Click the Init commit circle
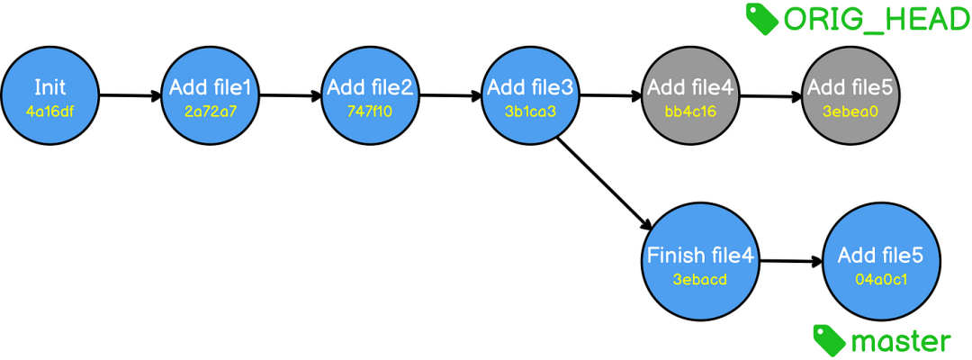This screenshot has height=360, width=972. click(x=49, y=96)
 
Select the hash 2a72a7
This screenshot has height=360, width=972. click(x=210, y=112)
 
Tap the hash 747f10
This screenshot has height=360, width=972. click(x=370, y=112)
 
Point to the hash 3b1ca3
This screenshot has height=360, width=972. click(x=531, y=112)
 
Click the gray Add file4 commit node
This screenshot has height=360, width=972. click(x=691, y=96)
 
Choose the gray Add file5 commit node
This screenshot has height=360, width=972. click(x=851, y=96)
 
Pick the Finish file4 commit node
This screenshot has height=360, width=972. click(x=700, y=262)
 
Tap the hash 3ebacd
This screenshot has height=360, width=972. click(x=700, y=279)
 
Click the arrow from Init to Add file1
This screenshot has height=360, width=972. click(x=130, y=96)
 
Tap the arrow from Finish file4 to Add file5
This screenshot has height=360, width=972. click(x=790, y=262)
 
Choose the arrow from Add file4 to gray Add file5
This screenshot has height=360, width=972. click(x=771, y=96)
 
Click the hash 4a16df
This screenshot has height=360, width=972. click(x=49, y=112)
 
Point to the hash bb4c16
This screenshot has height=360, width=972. click(x=691, y=112)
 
